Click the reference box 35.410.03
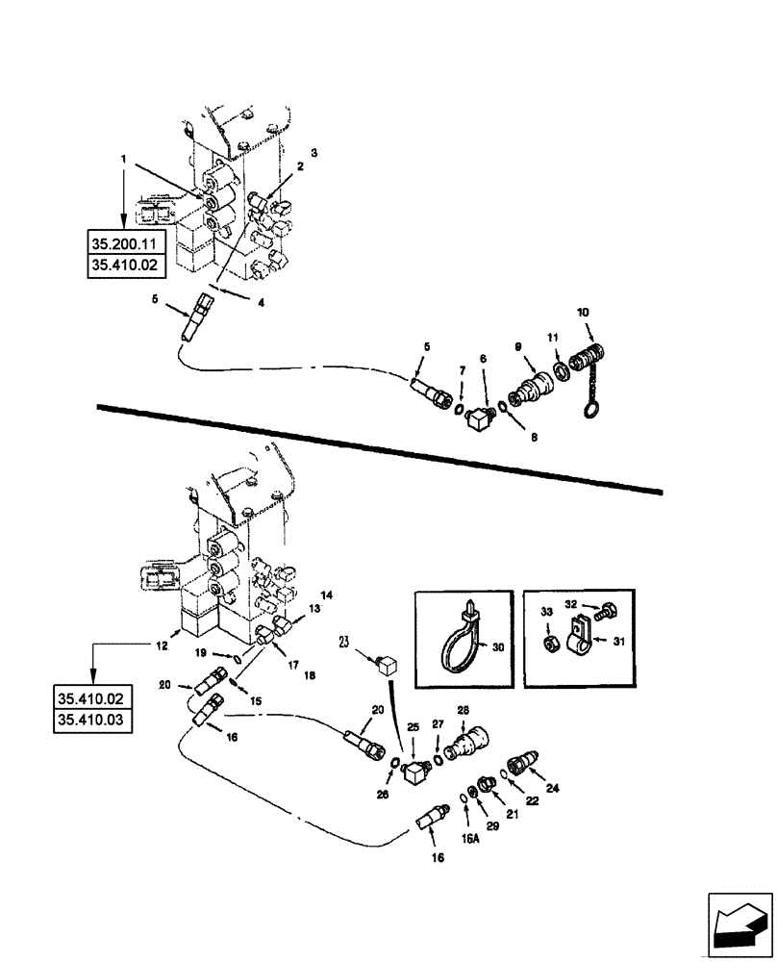point(95,720)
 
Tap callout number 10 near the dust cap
point(584,314)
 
